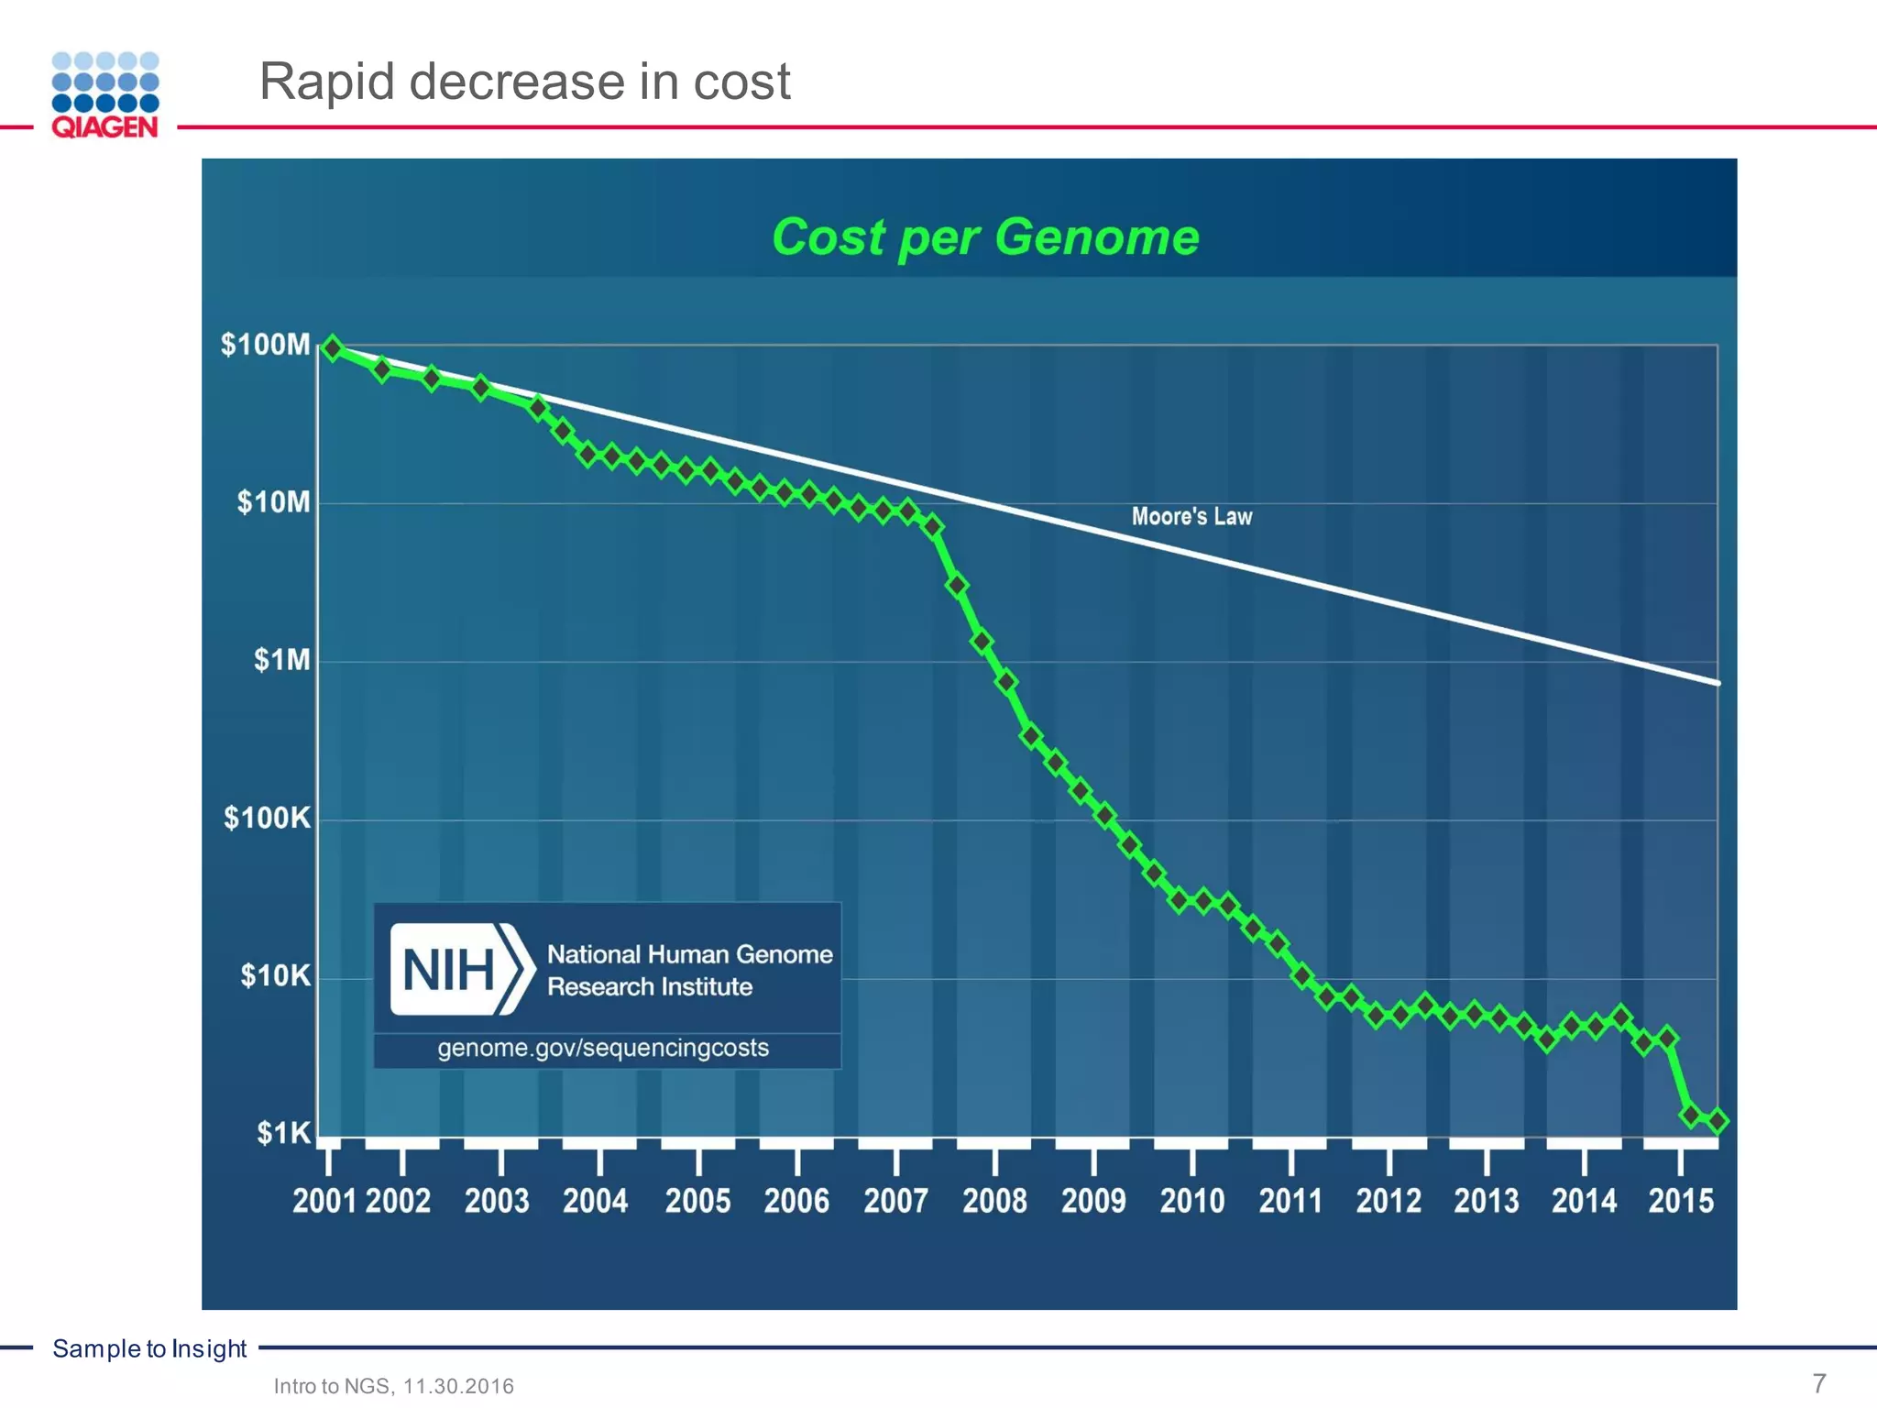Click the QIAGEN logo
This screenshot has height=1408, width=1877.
(104, 94)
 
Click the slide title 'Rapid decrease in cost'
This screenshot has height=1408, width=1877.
(524, 82)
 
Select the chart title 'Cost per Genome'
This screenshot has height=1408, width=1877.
(985, 237)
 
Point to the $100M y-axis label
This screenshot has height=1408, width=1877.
(265, 345)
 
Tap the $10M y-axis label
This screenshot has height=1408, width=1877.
(273, 502)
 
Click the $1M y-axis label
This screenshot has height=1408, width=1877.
(281, 660)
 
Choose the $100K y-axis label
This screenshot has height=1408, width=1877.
(267, 818)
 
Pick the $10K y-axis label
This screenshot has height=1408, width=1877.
(275, 975)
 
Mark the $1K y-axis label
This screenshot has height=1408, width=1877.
(283, 1134)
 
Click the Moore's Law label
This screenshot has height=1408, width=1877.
(1191, 516)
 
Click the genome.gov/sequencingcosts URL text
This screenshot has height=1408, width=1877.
(603, 1048)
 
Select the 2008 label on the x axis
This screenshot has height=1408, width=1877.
(994, 1201)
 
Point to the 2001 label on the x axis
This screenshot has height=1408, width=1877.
(324, 1201)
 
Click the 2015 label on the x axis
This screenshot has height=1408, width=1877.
(1681, 1201)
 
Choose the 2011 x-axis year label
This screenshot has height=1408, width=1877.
(1290, 1201)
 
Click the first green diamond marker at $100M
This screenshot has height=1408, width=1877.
(333, 348)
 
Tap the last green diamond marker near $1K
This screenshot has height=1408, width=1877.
(1717, 1120)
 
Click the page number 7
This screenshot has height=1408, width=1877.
(1819, 1382)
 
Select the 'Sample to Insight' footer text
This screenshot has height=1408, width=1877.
(149, 1348)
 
